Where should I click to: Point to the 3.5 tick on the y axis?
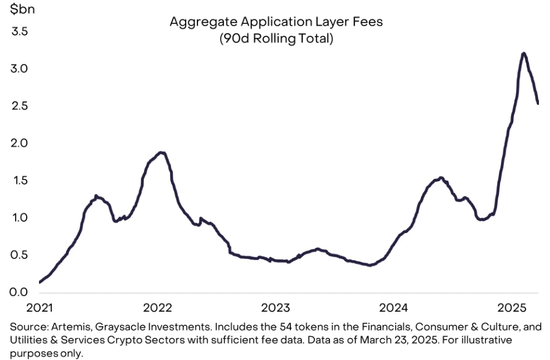(20, 31)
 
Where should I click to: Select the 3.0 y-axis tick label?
(20, 69)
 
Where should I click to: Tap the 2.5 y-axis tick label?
(20, 106)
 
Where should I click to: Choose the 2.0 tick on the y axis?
(20, 143)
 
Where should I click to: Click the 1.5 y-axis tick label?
(20, 181)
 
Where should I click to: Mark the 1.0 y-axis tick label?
(20, 218)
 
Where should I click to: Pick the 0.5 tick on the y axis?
(20, 255)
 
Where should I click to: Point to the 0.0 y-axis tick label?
(20, 292)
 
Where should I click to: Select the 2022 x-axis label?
(157, 307)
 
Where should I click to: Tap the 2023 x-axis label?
(276, 307)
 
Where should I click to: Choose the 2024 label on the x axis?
(395, 307)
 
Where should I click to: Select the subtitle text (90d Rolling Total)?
(275, 40)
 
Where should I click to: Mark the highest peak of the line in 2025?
(524, 54)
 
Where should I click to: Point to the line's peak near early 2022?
(162, 153)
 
